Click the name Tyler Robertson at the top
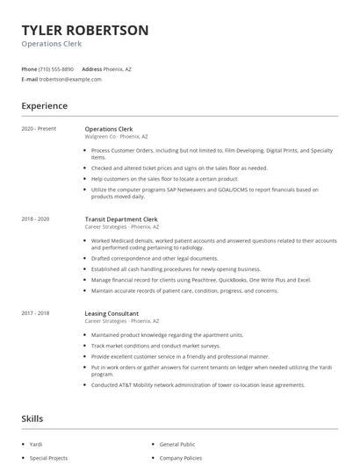point(85,30)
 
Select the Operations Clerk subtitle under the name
point(51,44)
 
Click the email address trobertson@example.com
point(71,79)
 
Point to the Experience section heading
point(45,106)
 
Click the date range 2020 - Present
point(39,129)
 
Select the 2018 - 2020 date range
point(36,218)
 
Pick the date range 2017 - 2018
point(36,313)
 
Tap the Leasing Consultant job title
point(112,313)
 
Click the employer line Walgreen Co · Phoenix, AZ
point(116,137)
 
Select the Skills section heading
point(32,419)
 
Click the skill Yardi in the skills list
point(36,444)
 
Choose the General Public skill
point(177,444)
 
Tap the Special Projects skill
point(48,458)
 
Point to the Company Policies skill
point(180,458)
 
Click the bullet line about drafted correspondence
point(155,259)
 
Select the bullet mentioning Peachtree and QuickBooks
point(200,279)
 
